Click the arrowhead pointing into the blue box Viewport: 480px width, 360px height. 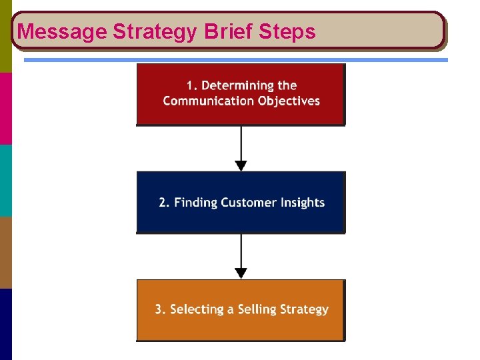[241, 165]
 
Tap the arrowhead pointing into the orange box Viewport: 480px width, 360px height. [241, 273]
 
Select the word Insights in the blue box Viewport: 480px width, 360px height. [304, 203]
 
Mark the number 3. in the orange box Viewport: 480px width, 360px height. [161, 309]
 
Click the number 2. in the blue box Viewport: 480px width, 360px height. [164, 203]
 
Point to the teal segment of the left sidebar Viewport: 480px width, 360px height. [5, 181]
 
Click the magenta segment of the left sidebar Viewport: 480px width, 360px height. [5, 109]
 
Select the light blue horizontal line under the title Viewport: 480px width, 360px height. [236, 60]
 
